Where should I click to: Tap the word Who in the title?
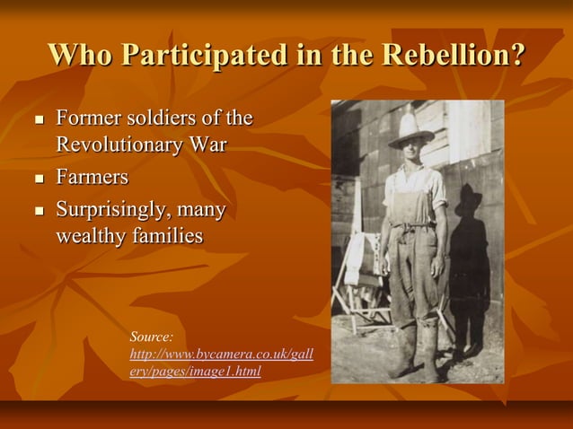(x=80, y=55)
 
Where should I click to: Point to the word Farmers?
(x=93, y=177)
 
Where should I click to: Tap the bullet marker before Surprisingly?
(x=38, y=213)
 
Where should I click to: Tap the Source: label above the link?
(x=151, y=337)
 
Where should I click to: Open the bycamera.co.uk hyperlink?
(x=221, y=362)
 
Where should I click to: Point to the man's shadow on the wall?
(x=468, y=260)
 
